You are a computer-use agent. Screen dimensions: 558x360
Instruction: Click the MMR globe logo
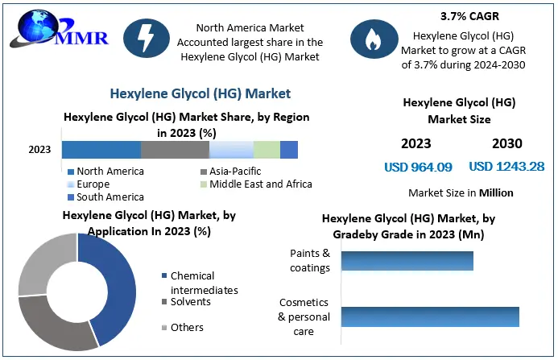pos(59,31)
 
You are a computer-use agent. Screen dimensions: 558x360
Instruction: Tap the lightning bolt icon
pos(147,38)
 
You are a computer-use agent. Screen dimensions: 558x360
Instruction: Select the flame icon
pos(374,39)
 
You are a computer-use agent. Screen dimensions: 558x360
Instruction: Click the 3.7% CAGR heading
pos(469,16)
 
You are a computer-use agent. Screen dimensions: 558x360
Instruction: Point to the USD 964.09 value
pos(418,167)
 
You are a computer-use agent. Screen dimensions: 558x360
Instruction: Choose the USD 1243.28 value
pos(506,166)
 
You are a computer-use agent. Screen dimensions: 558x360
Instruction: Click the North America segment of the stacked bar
pos(101,150)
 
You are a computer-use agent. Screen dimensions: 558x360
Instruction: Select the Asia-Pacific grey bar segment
pos(175,150)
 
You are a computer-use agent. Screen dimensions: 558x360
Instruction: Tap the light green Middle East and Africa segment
pos(267,150)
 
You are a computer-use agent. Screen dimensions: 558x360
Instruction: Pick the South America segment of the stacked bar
pos(289,150)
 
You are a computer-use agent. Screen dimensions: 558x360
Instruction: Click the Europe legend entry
pos(89,184)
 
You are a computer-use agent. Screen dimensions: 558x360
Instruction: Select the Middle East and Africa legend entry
pos(256,184)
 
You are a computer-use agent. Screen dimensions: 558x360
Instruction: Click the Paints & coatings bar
pos(407,261)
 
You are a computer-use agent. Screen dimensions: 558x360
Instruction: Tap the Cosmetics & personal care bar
pos(430,317)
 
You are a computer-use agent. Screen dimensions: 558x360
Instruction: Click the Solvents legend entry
pos(186,302)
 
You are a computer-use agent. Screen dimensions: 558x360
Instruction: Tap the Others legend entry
pos(183,328)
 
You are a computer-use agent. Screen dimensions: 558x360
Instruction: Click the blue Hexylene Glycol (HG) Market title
pos(200,93)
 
